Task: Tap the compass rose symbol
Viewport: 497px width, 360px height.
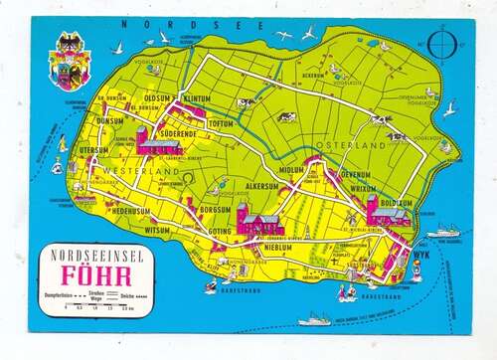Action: (x=433, y=47)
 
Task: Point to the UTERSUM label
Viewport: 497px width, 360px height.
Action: (x=93, y=150)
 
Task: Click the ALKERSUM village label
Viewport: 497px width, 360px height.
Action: (x=262, y=186)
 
